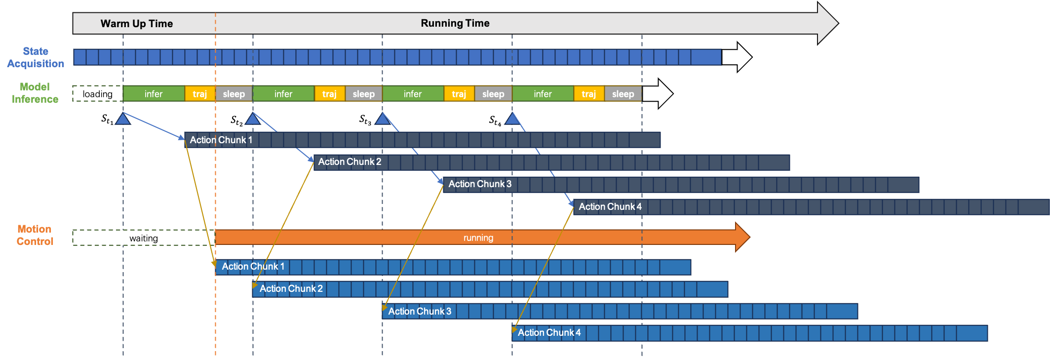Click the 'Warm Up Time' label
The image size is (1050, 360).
[x=137, y=24]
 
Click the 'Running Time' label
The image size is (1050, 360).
[x=455, y=23]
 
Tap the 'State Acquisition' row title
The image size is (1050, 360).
[x=36, y=57]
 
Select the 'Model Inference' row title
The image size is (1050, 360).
[x=35, y=93]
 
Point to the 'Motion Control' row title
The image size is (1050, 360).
[x=35, y=235]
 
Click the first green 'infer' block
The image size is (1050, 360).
[x=154, y=94]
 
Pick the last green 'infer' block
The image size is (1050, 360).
[x=543, y=94]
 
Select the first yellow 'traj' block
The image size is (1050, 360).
[x=200, y=94]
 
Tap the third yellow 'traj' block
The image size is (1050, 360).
[x=459, y=94]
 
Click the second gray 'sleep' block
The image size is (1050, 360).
[x=364, y=94]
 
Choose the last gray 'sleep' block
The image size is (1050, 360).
[x=623, y=94]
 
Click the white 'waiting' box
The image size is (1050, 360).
[x=144, y=238]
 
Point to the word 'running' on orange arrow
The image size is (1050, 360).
[x=478, y=238]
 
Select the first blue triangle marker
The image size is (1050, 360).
[x=123, y=119]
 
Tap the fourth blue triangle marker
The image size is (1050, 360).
[x=512, y=119]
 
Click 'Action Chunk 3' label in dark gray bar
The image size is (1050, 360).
[x=480, y=184]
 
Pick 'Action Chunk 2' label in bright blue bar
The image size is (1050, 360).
[x=291, y=289]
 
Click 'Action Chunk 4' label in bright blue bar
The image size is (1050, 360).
[x=549, y=333]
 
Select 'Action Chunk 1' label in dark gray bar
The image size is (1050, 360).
[x=221, y=140]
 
